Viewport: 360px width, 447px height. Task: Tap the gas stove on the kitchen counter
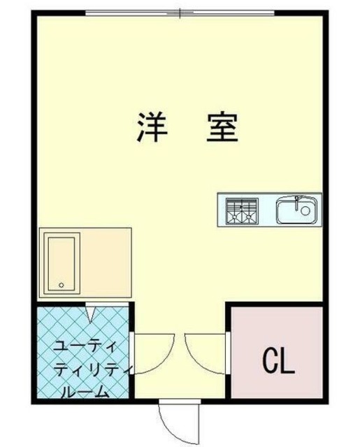coord(241,210)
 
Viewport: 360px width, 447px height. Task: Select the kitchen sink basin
coord(297,210)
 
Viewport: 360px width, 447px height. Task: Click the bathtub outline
coord(62,263)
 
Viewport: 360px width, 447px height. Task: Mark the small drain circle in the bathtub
coord(62,285)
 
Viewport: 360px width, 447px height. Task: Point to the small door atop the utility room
coord(92,312)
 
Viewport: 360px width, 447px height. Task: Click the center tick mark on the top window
coord(180,13)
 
